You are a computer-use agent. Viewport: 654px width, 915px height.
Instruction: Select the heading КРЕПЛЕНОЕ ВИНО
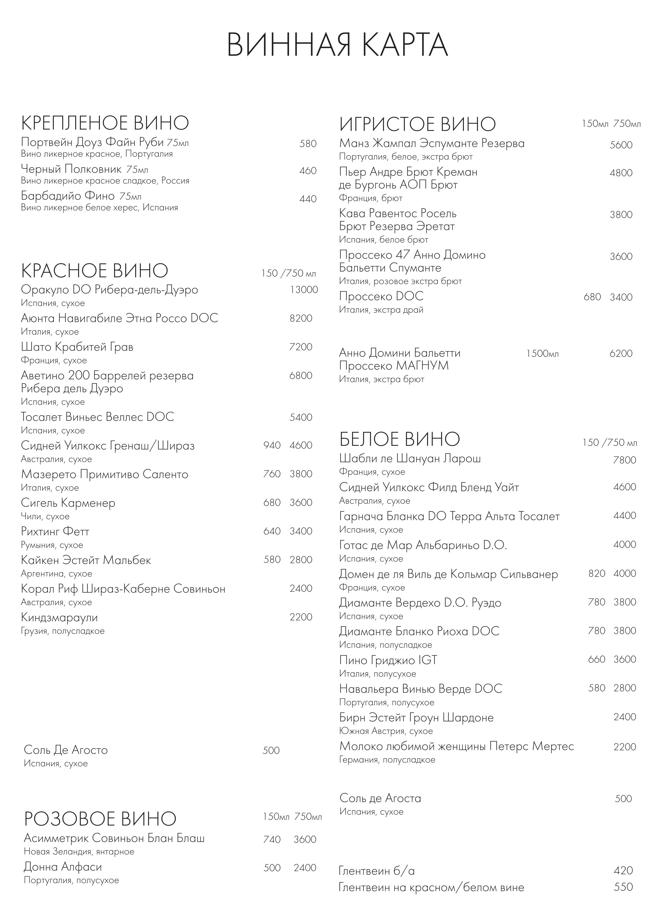point(105,123)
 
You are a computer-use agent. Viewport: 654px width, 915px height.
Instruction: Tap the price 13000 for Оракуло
point(304,290)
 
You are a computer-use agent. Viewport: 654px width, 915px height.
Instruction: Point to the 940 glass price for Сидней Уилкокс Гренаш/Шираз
point(272,446)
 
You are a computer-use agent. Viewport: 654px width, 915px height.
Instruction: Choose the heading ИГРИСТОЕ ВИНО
point(417,124)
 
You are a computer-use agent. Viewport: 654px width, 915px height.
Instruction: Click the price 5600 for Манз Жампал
point(621,145)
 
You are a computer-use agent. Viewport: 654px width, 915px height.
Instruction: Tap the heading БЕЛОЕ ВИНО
point(399,439)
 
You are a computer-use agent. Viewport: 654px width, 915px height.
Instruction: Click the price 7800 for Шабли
point(624,460)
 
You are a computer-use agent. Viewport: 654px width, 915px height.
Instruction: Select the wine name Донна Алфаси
point(63,866)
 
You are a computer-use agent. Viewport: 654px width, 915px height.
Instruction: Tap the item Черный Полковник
point(71,169)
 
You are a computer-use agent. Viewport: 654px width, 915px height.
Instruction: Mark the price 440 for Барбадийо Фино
point(308,199)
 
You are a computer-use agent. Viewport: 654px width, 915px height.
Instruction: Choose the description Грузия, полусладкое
point(62,631)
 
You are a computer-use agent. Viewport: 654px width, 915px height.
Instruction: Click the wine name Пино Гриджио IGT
point(388,660)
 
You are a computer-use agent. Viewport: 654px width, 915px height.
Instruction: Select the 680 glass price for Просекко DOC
point(592,297)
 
